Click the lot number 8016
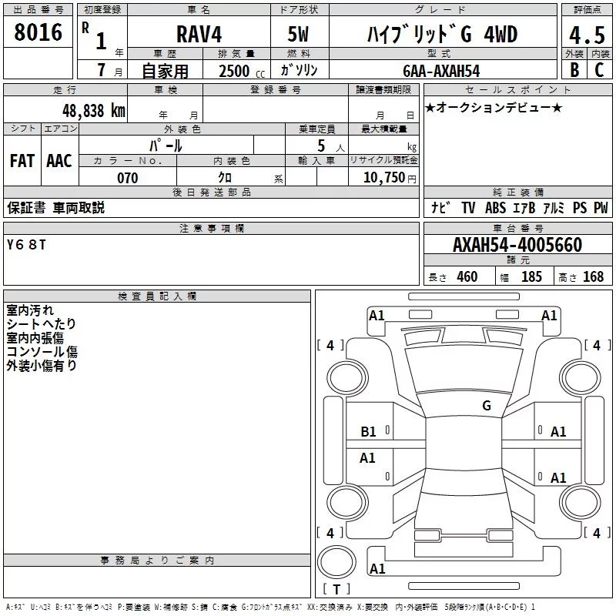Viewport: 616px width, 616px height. point(38,34)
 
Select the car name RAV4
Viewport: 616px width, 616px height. point(198,35)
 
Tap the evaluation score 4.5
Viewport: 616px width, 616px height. point(586,35)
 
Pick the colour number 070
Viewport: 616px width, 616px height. point(127,178)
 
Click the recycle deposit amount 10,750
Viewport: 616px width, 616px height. point(383,178)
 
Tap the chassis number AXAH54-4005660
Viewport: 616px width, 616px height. point(517,246)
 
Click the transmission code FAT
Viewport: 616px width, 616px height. point(22,161)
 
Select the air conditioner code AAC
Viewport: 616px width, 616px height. point(59,161)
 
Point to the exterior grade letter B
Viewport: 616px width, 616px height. point(574,71)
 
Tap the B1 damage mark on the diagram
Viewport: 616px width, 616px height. point(369,432)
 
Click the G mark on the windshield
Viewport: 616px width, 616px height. point(487,406)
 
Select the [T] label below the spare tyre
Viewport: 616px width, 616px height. point(336,590)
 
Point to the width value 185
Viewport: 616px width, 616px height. point(531,277)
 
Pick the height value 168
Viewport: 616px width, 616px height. point(594,277)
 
